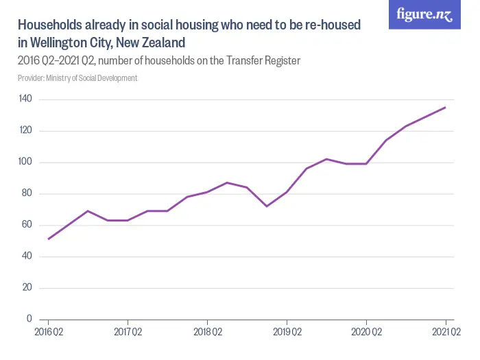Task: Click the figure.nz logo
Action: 424,14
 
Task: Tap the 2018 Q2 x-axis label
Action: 207,333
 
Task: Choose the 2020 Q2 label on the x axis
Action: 366,333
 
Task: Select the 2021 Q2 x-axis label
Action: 446,333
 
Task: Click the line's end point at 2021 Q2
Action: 446,107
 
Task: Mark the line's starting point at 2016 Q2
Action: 48,239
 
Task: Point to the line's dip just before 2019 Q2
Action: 267,206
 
